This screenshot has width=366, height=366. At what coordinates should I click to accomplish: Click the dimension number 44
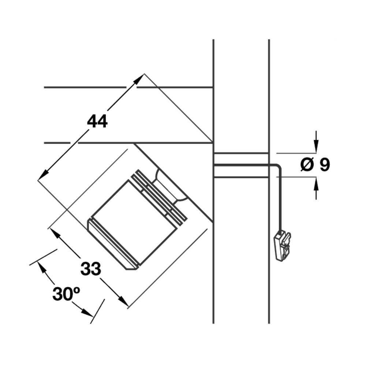coord(97,121)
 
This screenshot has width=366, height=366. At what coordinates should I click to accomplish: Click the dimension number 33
coord(90,269)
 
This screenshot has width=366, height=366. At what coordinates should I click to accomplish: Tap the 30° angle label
coord(66,294)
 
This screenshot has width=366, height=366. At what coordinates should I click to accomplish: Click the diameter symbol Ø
coord(307,165)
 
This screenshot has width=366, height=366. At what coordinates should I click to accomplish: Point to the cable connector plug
coord(282,246)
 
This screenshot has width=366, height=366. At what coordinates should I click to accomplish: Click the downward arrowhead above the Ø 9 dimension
coord(316,148)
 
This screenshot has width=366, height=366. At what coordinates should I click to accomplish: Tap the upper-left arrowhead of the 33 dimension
coord(54,232)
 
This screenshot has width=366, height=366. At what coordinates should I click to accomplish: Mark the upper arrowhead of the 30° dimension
coord(41,266)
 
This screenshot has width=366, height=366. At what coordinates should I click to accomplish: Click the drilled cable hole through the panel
coord(241,165)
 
